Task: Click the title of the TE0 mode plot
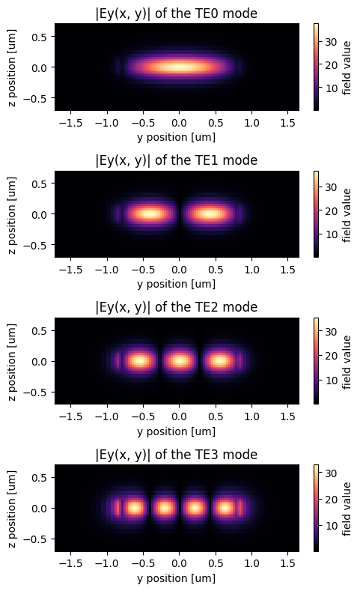(176, 13)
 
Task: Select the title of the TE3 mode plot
(176, 455)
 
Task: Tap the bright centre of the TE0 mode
(179, 67)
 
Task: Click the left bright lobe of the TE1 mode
(150, 214)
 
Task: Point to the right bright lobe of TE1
(210, 214)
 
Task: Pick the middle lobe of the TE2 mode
(180, 361)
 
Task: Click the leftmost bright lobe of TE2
(140, 361)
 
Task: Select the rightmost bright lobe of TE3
(225, 508)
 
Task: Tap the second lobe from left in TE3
(165, 508)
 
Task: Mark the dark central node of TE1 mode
(180, 214)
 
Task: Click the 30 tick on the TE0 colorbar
(331, 42)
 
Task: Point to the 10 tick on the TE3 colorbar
(331, 526)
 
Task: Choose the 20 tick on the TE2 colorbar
(331, 356)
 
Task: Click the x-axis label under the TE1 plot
(176, 284)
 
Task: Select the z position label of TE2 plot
(12, 361)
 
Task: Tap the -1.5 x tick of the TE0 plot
(70, 123)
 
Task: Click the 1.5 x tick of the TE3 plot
(287, 564)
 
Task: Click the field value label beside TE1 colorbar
(347, 215)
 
